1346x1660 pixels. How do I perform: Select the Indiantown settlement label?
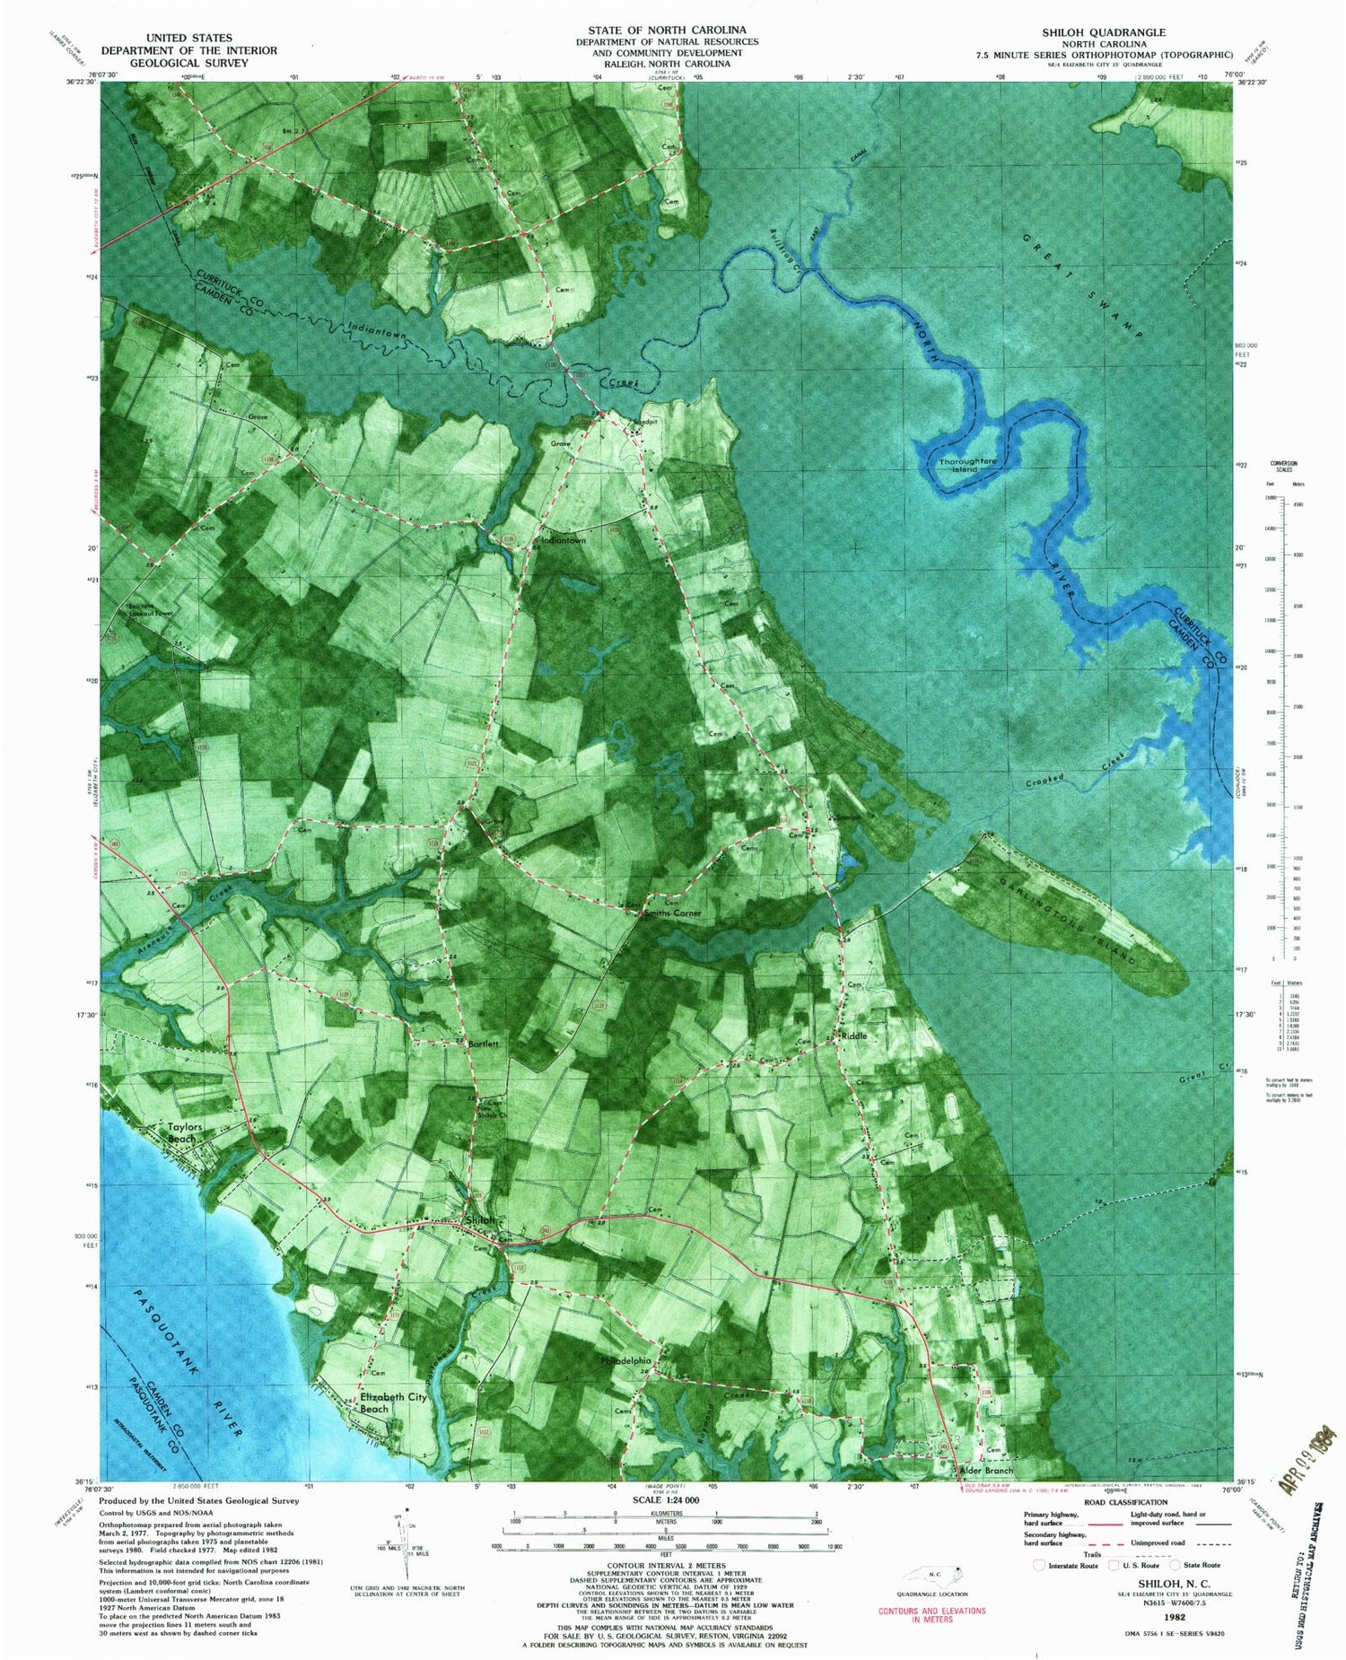tap(562, 541)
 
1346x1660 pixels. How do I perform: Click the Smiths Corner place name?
tap(672, 913)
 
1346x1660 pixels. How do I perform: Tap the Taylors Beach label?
tap(179, 1133)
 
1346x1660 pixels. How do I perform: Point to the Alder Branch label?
tap(986, 1471)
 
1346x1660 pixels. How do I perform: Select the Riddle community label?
tap(853, 1035)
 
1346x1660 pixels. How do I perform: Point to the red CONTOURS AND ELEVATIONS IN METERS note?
tap(932, 1614)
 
